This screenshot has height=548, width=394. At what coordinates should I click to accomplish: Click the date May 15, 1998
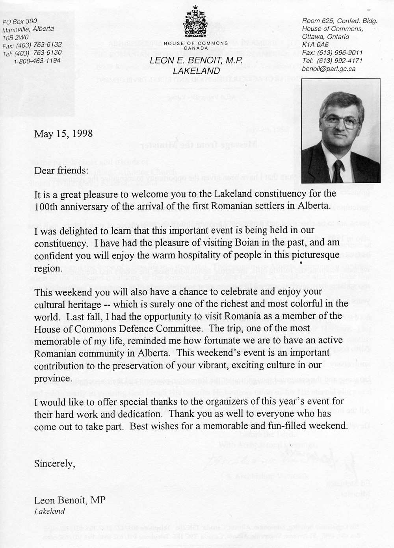coord(63,134)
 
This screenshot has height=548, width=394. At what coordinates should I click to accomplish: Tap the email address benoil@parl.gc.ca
coord(329,68)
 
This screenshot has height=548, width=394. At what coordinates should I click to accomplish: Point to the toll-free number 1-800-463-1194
coord(37,61)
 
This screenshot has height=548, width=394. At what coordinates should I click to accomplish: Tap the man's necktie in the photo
coord(338,170)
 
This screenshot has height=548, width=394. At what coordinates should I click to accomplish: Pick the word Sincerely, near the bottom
coord(54,463)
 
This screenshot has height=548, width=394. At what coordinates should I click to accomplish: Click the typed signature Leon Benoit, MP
coord(70,501)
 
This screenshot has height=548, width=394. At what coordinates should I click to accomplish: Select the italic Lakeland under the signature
coord(49,512)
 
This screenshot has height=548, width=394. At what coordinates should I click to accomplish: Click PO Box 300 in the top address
coord(20,21)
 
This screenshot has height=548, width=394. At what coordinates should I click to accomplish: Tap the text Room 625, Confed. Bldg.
coord(340,20)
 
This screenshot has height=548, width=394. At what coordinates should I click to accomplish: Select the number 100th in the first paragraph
coord(47,206)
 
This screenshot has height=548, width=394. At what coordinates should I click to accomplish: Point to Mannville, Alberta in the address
coord(28,29)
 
